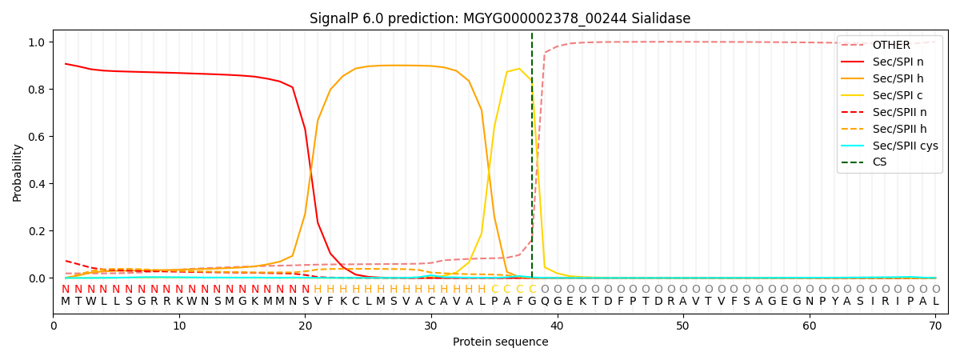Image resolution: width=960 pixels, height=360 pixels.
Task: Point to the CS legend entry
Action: point(880,162)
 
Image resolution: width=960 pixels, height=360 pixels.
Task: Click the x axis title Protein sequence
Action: point(501,342)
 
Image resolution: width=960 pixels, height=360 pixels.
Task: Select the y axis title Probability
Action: point(18,173)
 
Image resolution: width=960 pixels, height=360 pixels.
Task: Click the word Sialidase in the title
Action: point(659,18)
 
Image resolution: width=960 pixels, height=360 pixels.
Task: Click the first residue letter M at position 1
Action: point(66,302)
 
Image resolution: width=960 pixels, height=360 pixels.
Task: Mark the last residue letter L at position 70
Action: point(935,302)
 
